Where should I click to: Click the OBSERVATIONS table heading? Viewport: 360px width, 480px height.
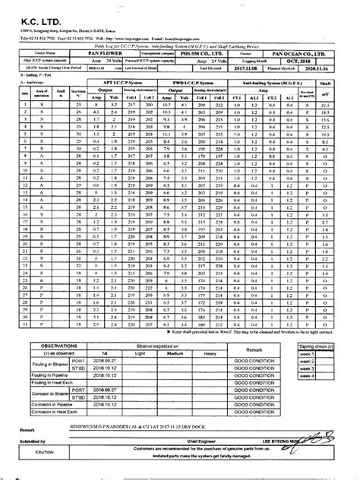pos(56,345)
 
